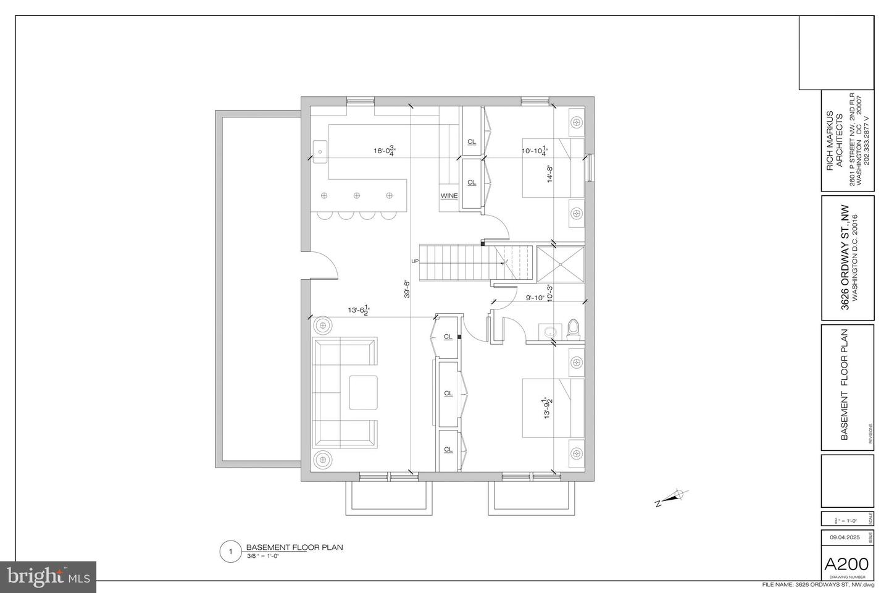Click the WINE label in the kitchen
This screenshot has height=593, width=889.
coord(449,196)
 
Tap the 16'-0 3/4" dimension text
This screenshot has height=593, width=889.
coord(384,150)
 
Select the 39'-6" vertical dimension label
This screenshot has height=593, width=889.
coord(407,289)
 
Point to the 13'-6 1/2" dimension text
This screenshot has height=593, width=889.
coord(358,310)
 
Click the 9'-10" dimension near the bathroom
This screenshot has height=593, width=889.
coord(535,298)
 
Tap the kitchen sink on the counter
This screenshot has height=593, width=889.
coord(320,149)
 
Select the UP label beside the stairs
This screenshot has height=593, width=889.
coord(415,261)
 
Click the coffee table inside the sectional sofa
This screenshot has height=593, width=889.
coord(363,392)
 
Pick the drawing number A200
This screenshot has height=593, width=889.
coord(847,564)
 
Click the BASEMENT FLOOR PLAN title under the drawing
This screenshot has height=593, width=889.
coord(294,547)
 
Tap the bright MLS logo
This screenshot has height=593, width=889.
coord(48,577)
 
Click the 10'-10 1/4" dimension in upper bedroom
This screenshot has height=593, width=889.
coord(534,150)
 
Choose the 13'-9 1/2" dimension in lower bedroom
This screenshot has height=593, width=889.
coord(546,408)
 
